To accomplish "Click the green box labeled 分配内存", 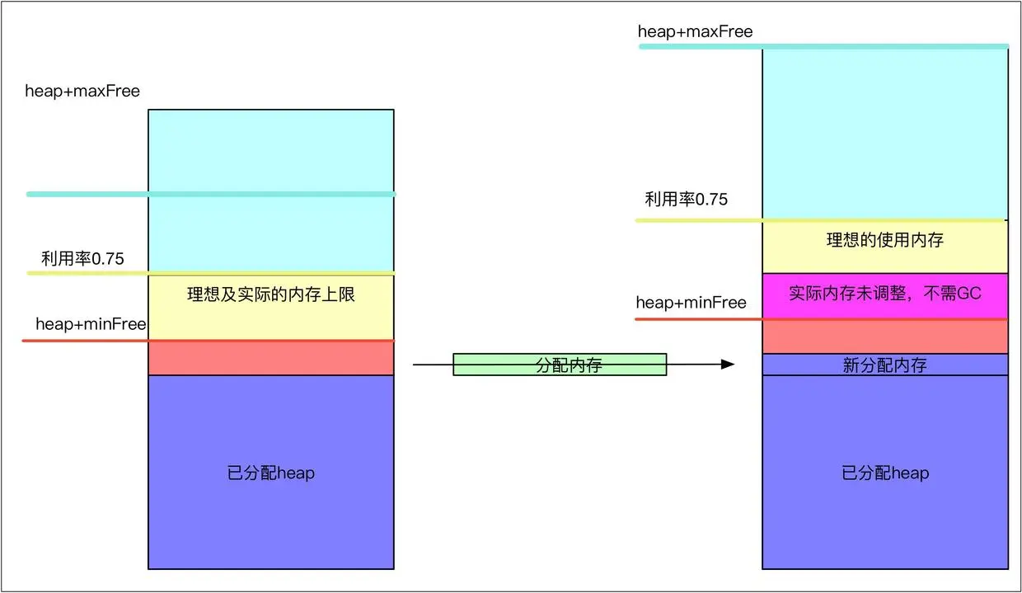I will [x=560, y=365].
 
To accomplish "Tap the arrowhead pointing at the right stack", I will [x=727, y=364].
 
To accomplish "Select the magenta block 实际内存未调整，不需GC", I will [x=884, y=294].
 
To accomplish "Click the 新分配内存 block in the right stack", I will [x=884, y=365].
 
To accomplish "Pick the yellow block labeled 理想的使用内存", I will [x=884, y=241].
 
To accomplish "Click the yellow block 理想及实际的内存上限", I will [x=270, y=294].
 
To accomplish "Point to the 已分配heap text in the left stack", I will [x=270, y=473].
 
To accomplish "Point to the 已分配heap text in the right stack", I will [x=884, y=473].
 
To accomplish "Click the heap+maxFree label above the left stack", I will [x=82, y=91].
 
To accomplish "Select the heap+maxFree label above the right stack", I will [x=695, y=32].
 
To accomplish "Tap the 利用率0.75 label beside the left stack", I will [x=83, y=258].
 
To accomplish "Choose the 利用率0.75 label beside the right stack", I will [x=686, y=199].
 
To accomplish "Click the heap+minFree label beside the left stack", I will [x=91, y=324].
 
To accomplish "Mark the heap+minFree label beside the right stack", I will [x=691, y=303].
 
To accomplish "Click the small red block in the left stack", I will [x=270, y=358].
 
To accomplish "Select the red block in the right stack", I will [x=884, y=337].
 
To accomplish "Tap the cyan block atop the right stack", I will [x=884, y=132].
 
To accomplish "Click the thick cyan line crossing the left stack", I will [x=211, y=194].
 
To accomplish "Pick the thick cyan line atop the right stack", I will [x=824, y=46].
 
